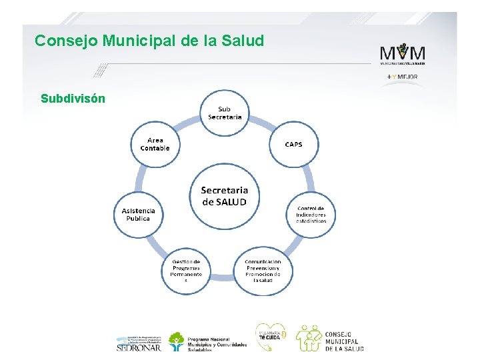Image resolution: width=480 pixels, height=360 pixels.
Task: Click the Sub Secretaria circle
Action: (225, 113)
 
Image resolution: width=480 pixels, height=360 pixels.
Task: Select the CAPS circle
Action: (293, 145)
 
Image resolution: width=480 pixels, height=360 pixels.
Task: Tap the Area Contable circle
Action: (155, 145)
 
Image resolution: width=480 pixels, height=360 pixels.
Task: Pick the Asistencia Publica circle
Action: (138, 214)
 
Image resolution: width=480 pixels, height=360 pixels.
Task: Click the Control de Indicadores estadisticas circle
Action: (311, 214)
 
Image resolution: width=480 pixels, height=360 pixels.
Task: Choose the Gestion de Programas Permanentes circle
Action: (186, 271)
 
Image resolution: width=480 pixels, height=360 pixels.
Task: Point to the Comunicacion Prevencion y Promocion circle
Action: (263, 271)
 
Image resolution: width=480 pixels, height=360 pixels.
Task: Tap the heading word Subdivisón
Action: (73, 99)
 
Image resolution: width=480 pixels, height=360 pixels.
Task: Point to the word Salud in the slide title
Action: (244, 41)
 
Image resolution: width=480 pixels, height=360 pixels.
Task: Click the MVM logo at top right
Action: (402, 53)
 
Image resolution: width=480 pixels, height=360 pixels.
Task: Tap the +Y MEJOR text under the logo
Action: (402, 77)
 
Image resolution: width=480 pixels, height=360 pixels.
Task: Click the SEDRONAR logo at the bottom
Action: (138, 342)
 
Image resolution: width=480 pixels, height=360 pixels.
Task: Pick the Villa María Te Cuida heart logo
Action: (271, 335)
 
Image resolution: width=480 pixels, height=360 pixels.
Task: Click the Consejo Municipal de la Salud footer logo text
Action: (344, 341)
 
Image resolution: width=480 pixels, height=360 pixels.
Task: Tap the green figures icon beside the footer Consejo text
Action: (309, 338)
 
